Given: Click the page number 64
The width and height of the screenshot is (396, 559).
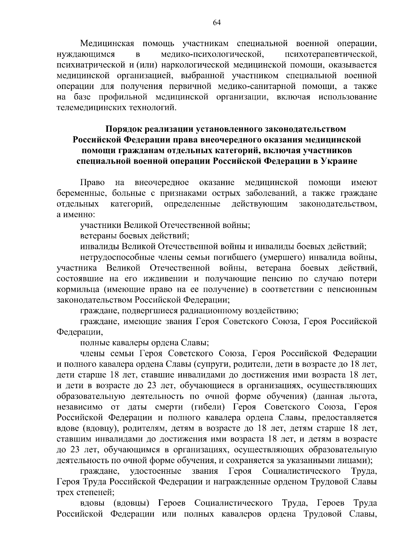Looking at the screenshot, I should pos(217,22).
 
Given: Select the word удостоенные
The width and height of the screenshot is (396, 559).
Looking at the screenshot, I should pos(156,471).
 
